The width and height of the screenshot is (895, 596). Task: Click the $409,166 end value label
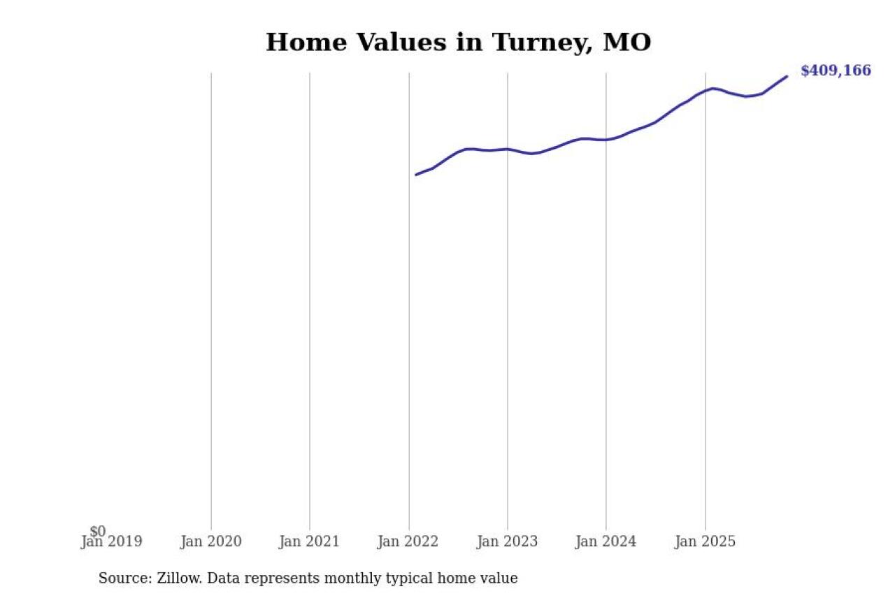(x=836, y=71)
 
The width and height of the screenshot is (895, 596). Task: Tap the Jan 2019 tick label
(x=112, y=542)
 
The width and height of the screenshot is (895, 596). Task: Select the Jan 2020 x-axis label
(x=210, y=542)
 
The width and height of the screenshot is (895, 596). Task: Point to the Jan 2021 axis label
(x=309, y=542)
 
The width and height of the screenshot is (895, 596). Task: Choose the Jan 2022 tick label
(x=408, y=542)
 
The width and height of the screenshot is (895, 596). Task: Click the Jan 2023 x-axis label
(x=507, y=542)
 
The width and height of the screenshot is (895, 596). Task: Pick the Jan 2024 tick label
(x=606, y=542)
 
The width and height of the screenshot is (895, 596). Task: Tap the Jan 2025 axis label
(x=705, y=542)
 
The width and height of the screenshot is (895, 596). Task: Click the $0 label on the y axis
(x=98, y=532)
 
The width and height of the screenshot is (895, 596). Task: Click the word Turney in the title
(x=539, y=43)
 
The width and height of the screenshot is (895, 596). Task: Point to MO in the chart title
(x=626, y=43)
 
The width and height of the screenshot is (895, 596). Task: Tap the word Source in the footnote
(x=121, y=579)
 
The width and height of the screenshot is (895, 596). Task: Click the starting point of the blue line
(x=416, y=175)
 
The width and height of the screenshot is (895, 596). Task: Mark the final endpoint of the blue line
(x=787, y=76)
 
